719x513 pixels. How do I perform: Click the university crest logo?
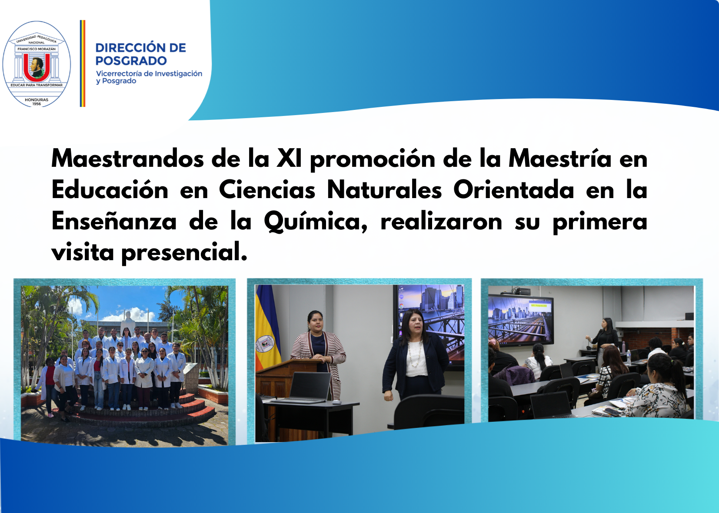tap(37, 64)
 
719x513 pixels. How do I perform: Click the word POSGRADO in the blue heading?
tap(131, 61)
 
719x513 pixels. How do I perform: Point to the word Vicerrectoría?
tap(119, 73)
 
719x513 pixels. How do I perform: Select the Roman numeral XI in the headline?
tap(289, 159)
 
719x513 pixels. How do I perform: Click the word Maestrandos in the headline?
tap(127, 159)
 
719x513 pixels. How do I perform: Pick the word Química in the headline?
tap(316, 222)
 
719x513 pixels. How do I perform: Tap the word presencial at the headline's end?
tap(184, 252)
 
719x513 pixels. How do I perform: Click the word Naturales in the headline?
tap(384, 190)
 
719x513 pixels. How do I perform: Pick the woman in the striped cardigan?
tap(318, 353)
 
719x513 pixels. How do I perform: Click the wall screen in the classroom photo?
tap(521, 321)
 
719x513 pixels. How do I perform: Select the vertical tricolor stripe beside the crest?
tap(83, 63)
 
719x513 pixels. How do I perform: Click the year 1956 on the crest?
tap(37, 104)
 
